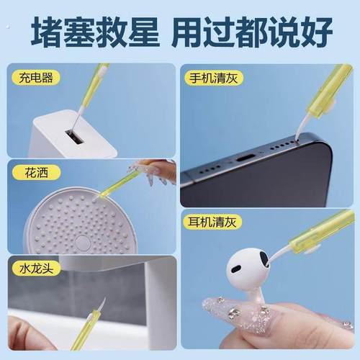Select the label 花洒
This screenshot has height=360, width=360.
[27, 173]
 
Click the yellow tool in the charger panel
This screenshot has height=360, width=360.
[93, 90]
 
